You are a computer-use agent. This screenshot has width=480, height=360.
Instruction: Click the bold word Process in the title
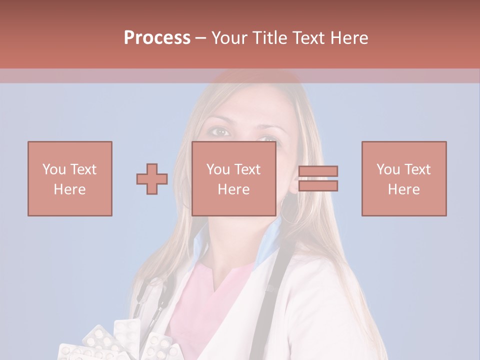click(157, 38)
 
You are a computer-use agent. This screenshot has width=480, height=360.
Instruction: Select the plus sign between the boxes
click(152, 178)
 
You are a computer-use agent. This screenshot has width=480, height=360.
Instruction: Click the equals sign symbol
click(318, 178)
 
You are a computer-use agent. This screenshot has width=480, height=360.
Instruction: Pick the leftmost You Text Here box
click(70, 178)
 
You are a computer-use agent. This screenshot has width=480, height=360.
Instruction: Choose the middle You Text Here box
click(234, 178)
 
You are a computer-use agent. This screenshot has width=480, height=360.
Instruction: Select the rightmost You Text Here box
click(404, 178)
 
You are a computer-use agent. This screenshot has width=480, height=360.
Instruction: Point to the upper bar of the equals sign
click(318, 171)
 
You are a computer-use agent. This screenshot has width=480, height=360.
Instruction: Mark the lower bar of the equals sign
click(318, 186)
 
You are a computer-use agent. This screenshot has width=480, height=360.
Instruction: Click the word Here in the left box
click(70, 189)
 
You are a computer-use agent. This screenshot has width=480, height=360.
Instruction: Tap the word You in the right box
click(388, 169)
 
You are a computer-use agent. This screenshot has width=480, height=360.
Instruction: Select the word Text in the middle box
click(247, 169)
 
